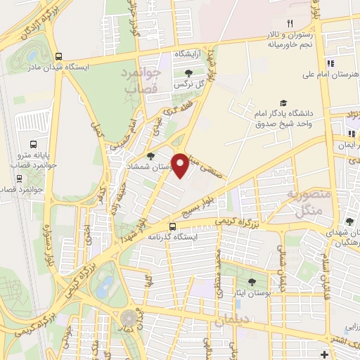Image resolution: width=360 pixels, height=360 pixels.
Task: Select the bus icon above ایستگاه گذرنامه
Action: pos(172,226)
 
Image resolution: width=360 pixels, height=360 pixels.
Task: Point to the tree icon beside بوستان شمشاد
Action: pos(150,156)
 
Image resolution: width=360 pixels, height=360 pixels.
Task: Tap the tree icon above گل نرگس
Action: pos(188,72)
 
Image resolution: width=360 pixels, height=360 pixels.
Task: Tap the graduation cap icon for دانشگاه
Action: pos(283,103)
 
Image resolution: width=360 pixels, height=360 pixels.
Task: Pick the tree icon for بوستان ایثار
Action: pos(252,281)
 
